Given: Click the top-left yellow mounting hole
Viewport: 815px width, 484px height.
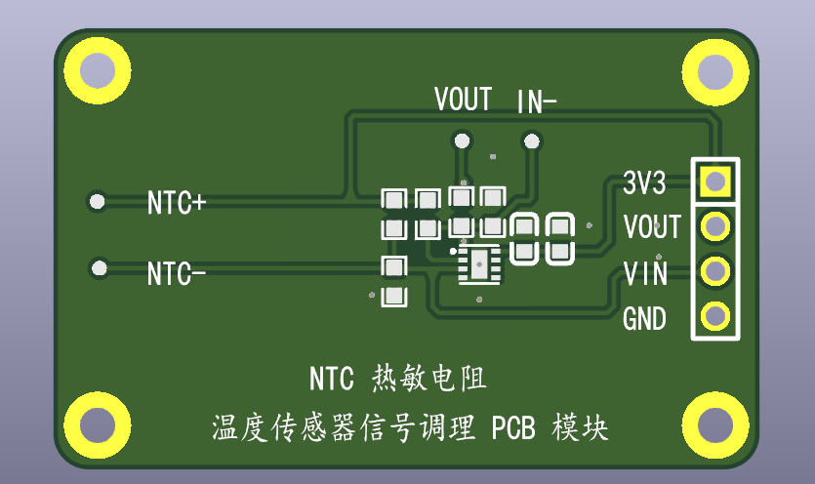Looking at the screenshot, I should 96,70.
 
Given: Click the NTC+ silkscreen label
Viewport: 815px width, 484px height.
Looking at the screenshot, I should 177,203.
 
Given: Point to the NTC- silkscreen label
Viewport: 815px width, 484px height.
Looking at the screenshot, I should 177,274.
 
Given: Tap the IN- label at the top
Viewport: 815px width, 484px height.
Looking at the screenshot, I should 537,100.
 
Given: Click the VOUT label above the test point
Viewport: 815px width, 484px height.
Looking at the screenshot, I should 463,100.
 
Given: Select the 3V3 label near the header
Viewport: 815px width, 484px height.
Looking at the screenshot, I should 644,182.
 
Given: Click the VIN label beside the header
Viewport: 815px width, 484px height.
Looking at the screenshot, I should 645,273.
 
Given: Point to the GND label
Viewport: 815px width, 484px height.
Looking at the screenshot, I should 644,319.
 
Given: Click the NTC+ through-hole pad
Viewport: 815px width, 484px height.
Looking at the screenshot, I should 97,202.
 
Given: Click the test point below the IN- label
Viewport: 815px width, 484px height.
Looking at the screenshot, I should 531,141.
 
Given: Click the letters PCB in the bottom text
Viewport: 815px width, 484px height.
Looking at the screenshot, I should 514,427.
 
